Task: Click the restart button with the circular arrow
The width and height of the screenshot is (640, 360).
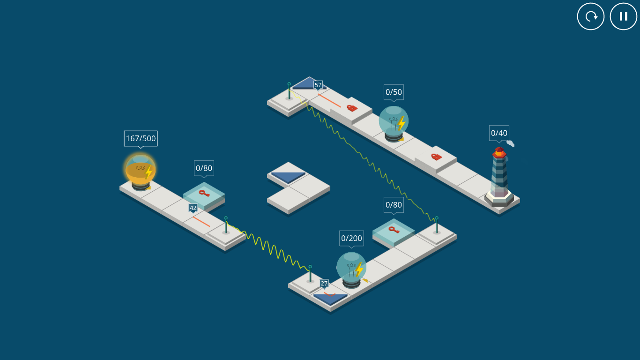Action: [x=591, y=16]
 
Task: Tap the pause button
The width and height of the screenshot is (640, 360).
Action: [x=624, y=16]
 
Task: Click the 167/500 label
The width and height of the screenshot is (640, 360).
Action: [x=141, y=138]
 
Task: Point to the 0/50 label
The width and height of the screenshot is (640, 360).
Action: [x=394, y=92]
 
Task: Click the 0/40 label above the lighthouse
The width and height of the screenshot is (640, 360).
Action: [x=499, y=133]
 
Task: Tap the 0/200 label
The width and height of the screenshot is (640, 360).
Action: [x=351, y=238]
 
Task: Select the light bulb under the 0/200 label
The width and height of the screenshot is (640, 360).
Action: [x=351, y=270]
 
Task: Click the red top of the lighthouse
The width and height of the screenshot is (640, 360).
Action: [x=499, y=152]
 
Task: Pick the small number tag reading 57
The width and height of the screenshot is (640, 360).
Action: [x=318, y=85]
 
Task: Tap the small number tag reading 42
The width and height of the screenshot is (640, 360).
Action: [x=193, y=208]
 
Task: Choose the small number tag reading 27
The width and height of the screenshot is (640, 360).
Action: [x=324, y=284]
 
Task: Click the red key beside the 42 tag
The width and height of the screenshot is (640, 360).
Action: [x=204, y=193]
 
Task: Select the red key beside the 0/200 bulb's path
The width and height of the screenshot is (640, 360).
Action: [x=394, y=230]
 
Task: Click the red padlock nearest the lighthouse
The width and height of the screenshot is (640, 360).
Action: [x=436, y=157]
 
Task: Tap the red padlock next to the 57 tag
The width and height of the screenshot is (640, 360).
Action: [x=352, y=108]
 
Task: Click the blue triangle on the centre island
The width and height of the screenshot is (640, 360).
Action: [x=288, y=177]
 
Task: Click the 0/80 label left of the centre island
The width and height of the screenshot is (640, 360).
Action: [x=204, y=168]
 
